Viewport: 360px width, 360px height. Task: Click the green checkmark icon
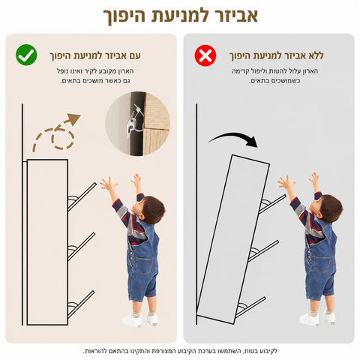click(x=26, y=55)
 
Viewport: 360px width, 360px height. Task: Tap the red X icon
click(x=205, y=55)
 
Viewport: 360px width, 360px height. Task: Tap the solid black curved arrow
click(x=234, y=139)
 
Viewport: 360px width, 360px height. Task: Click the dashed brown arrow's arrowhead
click(x=73, y=119)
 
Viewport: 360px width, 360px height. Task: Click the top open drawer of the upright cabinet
click(x=82, y=197)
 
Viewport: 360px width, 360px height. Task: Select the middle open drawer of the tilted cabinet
click(x=263, y=251)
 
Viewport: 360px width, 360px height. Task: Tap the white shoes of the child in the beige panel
click(x=140, y=320)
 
